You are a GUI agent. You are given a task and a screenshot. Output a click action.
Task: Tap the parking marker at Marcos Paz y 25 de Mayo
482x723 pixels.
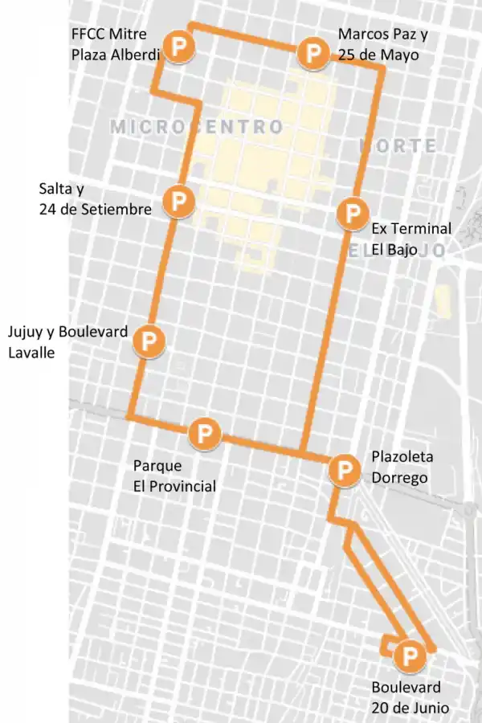312,53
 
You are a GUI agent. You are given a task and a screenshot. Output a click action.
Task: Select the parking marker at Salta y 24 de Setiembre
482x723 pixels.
178,200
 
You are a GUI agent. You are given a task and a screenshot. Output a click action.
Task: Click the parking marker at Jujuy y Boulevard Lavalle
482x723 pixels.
149,341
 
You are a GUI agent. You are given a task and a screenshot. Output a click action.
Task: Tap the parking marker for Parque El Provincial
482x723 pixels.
205,434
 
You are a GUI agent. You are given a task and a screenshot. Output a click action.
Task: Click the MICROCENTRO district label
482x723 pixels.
197,127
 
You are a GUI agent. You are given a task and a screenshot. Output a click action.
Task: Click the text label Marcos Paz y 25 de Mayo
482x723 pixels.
383,44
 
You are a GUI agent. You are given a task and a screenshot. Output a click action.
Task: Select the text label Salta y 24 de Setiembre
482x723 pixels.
95,199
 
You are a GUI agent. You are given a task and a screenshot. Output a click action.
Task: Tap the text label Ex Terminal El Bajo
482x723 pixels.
411,239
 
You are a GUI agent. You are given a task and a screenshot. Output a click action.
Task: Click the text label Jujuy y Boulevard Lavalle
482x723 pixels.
67,341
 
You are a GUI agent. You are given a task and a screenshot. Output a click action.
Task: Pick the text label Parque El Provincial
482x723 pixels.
174,476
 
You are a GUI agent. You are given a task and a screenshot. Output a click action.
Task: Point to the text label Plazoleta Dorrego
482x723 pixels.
402,466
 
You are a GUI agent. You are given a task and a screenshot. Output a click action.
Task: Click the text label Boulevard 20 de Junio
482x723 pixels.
410,697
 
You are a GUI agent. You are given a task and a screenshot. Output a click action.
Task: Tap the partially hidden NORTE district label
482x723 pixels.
399,146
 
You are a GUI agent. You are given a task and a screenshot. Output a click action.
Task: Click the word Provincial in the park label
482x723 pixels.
174,486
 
